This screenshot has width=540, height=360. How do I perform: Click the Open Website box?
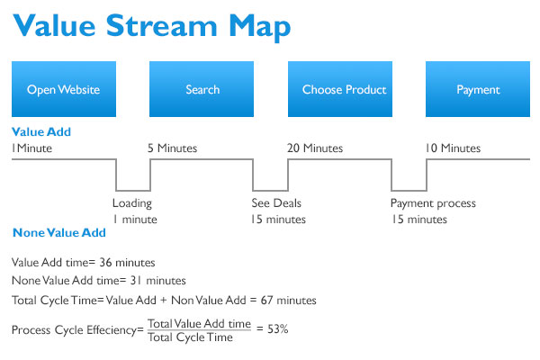coord(64,89)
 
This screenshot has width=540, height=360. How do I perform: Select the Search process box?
coord(202,89)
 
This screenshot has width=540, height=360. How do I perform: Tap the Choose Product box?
coord(340,89)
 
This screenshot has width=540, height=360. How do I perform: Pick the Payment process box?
coord(478,89)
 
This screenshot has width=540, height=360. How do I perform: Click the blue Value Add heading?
coord(41,131)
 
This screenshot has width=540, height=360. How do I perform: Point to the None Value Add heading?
coord(59,232)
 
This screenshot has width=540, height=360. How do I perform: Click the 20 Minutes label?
coord(315,148)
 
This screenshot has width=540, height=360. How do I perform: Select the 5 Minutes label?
coord(173,148)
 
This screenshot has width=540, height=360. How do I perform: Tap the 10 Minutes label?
coord(453,148)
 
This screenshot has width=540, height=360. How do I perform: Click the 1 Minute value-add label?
coord(31,148)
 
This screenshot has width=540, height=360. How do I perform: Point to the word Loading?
coord(132,203)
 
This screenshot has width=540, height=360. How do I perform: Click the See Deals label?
coord(276,202)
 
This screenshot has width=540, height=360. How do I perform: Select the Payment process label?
coord(433,203)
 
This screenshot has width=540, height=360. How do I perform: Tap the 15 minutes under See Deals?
coord(278,219)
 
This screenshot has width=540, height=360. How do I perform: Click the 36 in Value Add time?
coord(105,263)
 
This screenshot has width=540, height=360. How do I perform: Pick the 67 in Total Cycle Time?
coord(267,300)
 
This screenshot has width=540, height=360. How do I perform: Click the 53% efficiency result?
coord(277,329)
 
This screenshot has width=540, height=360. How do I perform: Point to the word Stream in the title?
coord(161,25)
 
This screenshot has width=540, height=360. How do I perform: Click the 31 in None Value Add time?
coord(136,281)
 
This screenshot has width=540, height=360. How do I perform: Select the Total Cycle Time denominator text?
coord(191,337)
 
